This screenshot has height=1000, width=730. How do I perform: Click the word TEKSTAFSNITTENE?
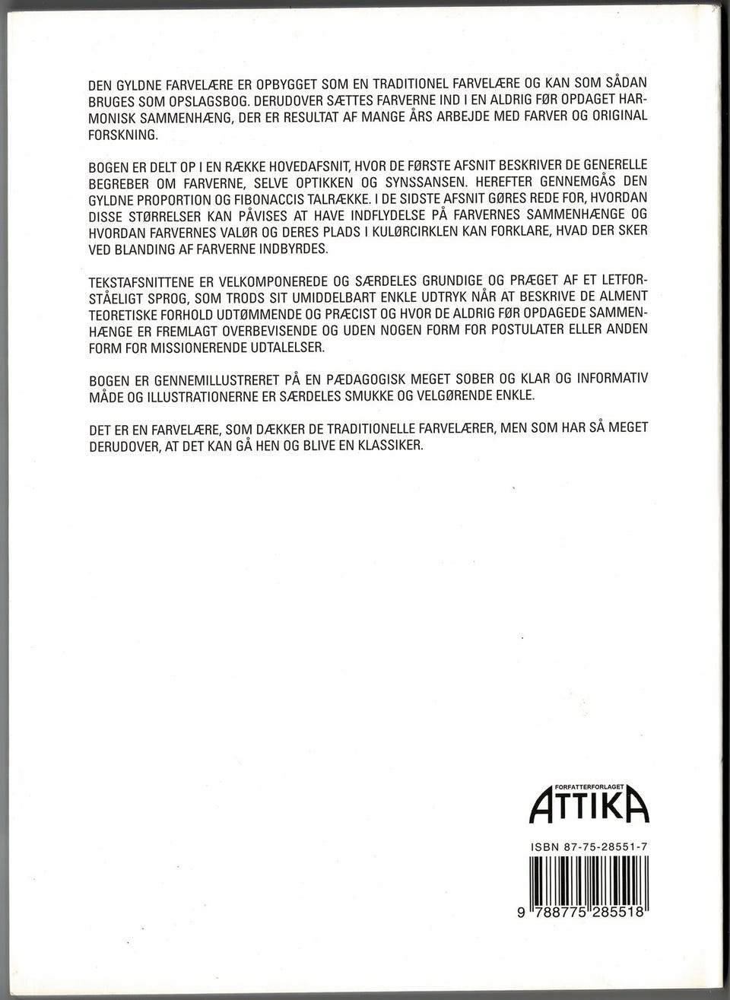click(138, 283)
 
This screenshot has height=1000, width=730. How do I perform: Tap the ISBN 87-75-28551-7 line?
click(588, 847)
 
